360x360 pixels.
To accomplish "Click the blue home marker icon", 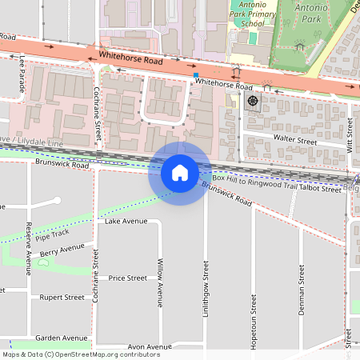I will pos(180,173).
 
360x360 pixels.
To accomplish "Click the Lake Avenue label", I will pos(126,221).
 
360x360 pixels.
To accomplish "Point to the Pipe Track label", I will pos(54,238).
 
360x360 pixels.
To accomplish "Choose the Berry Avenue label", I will pos(62,252).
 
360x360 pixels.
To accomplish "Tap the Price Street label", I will pos(128,278).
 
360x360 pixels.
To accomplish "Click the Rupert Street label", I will pos(62,297).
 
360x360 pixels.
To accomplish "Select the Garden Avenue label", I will pos(61,338).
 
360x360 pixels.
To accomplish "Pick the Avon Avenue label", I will pos(150,347).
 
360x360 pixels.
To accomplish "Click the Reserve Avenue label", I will pos(28,248).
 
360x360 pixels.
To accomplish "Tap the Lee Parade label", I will pos(23,72).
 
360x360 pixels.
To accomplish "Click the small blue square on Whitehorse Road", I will pos(195,75).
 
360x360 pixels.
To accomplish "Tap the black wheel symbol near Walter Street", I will pos(253,101).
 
